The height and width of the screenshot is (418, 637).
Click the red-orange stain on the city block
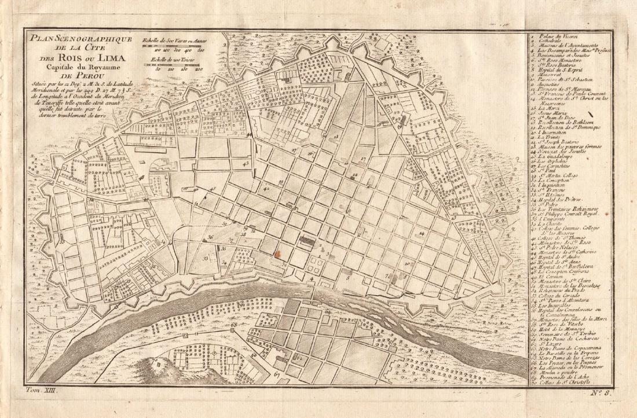point(277,253)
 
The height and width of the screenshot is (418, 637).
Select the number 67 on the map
point(276,375)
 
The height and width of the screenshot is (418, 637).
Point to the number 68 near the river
point(234,326)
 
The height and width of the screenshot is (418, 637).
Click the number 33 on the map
point(205,259)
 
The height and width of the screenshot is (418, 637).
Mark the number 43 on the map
point(246,164)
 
